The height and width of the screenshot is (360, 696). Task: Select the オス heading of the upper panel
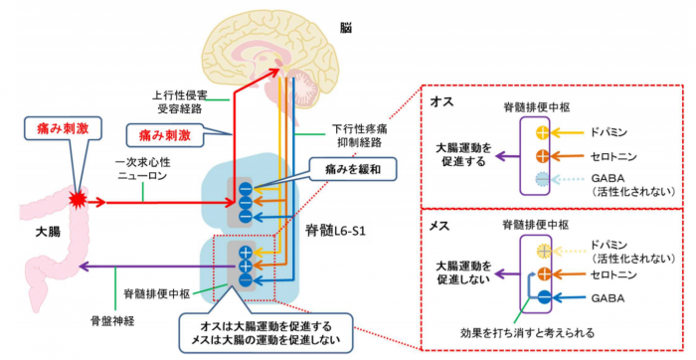coord(443,101)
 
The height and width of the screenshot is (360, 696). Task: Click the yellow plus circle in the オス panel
coord(541,131)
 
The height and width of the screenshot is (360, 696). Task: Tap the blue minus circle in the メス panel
coord(541,296)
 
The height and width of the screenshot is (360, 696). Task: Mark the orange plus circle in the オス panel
coord(541,154)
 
